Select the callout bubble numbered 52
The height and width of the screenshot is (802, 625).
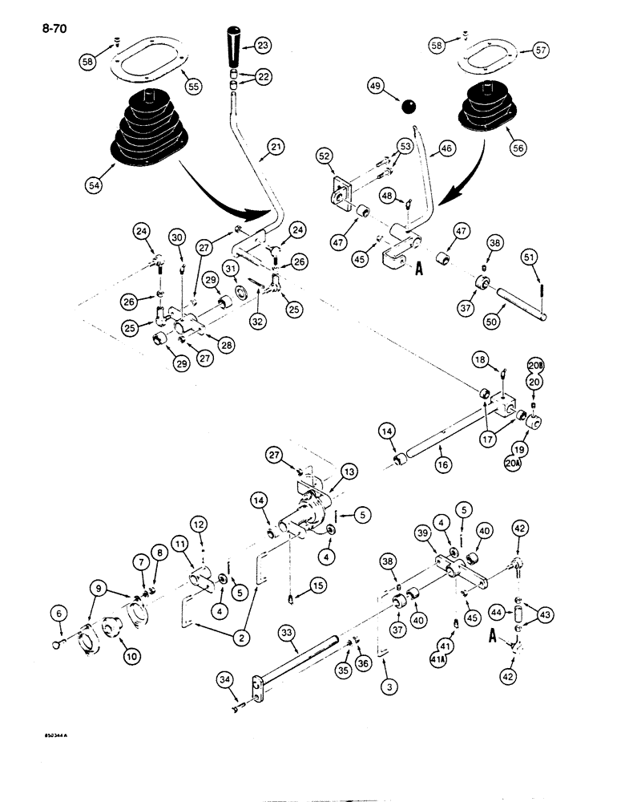tap(324, 157)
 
